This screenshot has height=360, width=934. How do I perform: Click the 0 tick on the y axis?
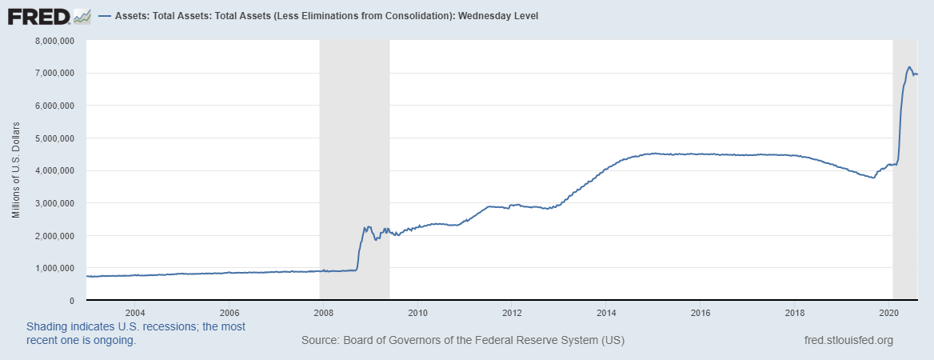(71, 301)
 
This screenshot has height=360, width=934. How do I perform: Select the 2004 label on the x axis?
(134, 312)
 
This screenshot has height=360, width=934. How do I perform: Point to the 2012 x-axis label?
(512, 312)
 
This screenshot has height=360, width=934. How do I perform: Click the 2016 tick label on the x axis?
(700, 312)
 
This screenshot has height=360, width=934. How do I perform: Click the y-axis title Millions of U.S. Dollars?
(16, 170)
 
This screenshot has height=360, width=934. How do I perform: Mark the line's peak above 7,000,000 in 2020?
(909, 67)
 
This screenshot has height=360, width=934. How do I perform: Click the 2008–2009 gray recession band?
(354, 160)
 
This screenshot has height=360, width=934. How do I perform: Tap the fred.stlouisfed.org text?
(848, 341)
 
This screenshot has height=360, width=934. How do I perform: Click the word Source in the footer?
(320, 341)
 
